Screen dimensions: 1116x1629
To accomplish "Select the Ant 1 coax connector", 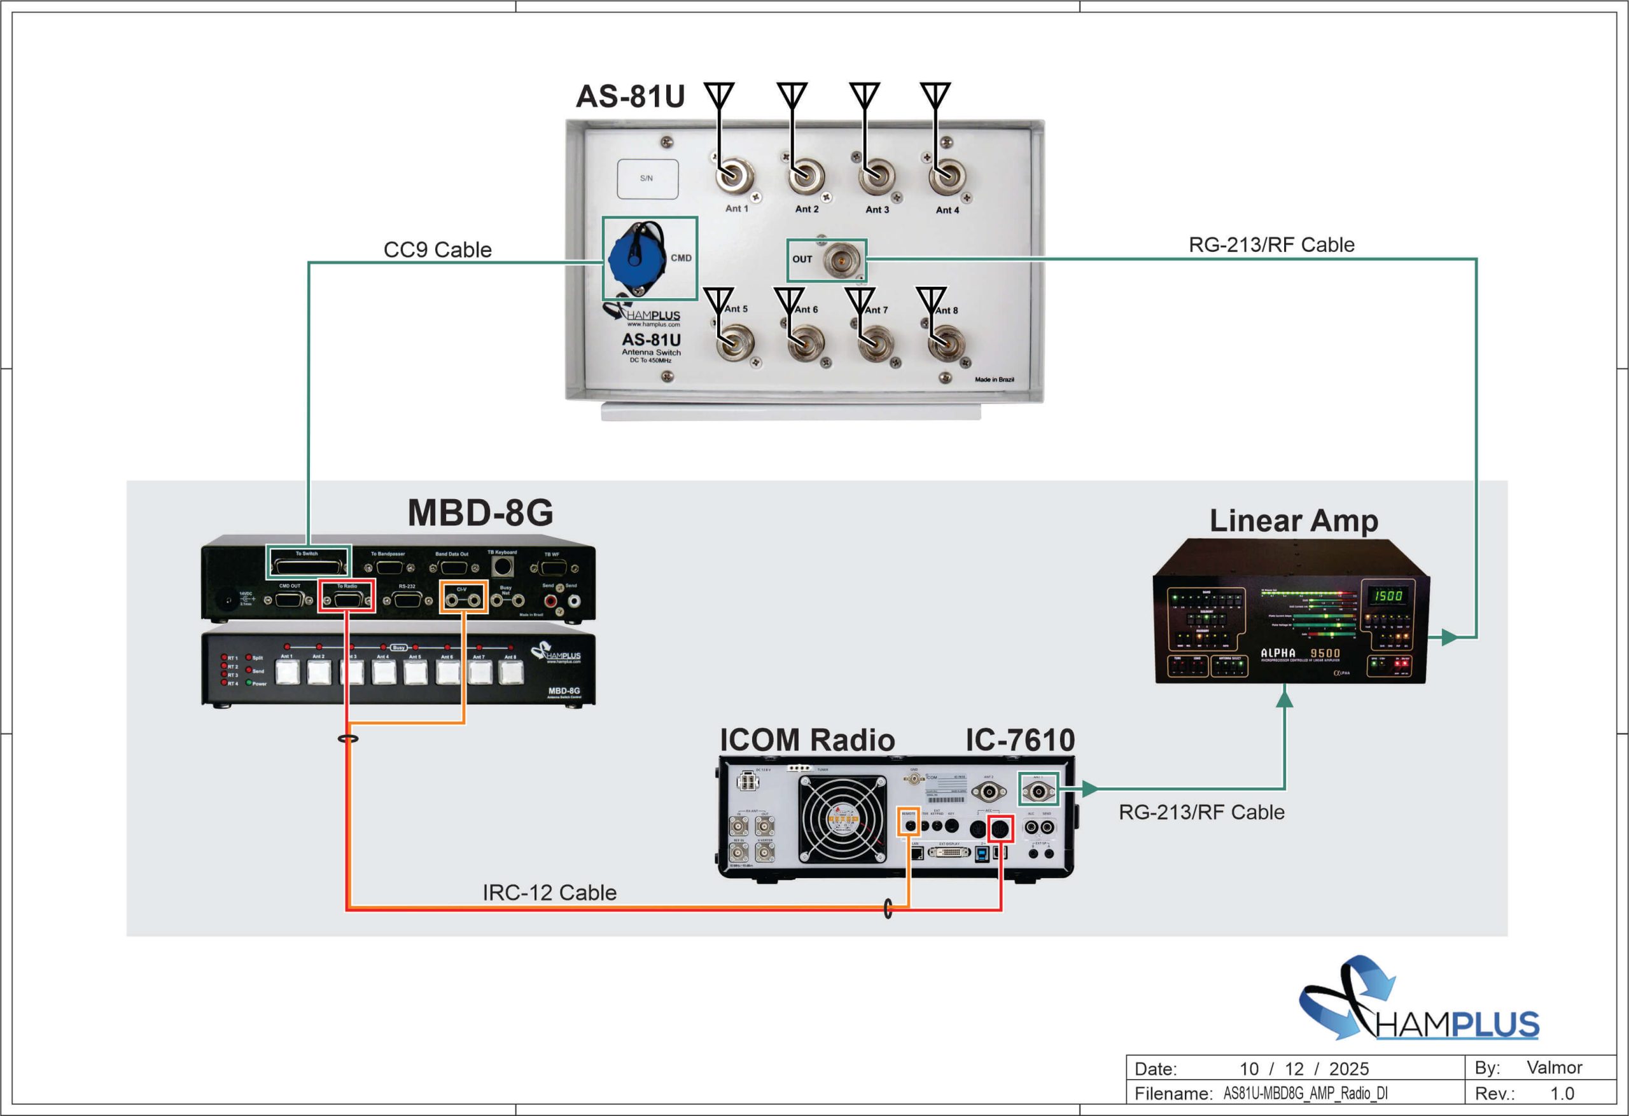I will click(x=733, y=176).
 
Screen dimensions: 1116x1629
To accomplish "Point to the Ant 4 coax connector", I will click(x=946, y=177).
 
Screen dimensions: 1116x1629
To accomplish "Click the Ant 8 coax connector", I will click(x=946, y=343).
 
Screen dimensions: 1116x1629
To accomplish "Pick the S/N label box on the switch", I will click(x=647, y=179).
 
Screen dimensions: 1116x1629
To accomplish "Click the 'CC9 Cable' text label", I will click(x=437, y=249).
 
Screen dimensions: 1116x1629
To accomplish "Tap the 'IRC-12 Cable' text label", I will click(x=550, y=893).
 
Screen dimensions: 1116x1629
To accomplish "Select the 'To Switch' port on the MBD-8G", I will click(x=308, y=564).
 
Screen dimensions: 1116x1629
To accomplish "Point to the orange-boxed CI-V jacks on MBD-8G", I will click(x=463, y=600).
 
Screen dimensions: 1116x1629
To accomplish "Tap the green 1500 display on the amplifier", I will click(x=1388, y=595).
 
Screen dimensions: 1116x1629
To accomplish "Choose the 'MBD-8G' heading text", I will click(x=480, y=513).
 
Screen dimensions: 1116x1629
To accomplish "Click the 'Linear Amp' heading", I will click(x=1294, y=521).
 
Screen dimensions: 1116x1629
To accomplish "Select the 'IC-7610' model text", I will click(x=1020, y=740).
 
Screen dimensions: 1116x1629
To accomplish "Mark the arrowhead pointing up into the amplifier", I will click(x=1284, y=696).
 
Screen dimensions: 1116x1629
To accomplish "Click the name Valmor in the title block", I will click(x=1554, y=1067).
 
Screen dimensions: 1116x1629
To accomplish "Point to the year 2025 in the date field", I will click(x=1348, y=1069).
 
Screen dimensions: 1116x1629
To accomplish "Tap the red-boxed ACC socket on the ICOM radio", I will click(x=1000, y=829).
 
